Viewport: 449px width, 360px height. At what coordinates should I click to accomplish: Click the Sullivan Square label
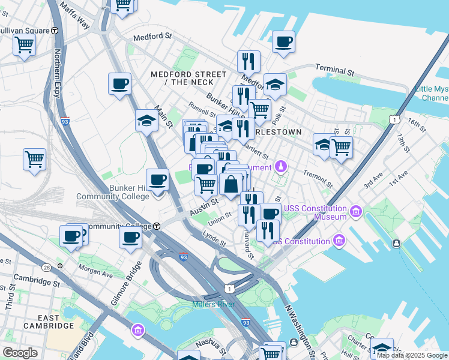click(24, 29)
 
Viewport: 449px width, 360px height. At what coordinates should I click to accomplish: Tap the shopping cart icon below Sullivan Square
click(24, 44)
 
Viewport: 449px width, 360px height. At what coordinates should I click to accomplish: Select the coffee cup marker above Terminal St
click(283, 42)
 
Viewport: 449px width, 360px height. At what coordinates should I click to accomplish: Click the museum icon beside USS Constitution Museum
click(356, 212)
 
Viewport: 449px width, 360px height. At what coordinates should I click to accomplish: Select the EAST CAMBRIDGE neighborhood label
click(49, 322)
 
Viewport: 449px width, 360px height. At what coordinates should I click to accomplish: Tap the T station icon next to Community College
click(157, 226)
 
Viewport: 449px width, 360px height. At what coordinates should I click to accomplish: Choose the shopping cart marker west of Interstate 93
click(34, 160)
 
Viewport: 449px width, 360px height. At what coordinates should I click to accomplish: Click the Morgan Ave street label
click(95, 269)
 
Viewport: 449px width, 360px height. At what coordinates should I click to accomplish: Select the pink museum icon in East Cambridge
click(138, 330)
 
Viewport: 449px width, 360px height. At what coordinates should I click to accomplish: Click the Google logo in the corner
click(20, 352)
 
